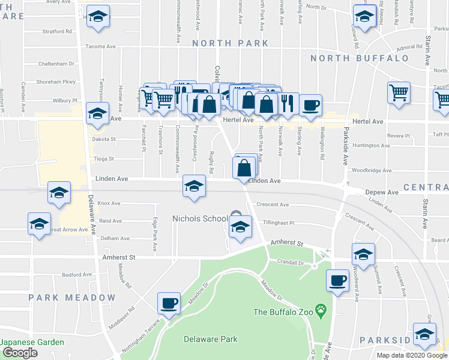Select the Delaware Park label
coord(209,339)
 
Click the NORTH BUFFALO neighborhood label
coord(360,58)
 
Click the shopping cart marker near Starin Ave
coord(399,94)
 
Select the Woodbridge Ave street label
coord(372,170)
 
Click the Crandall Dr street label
coord(291,262)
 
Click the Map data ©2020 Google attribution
coord(412,355)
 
